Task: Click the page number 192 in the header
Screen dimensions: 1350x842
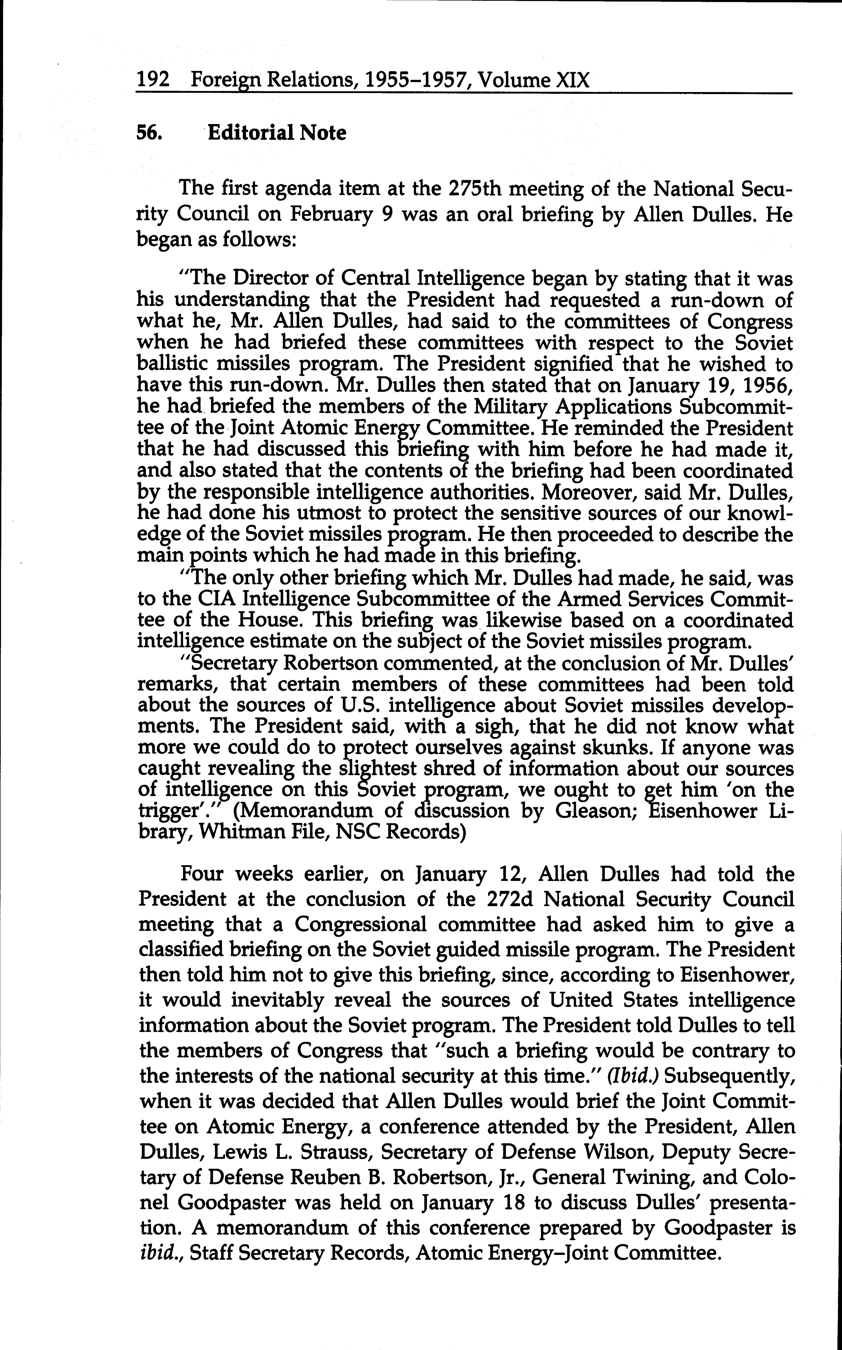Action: [x=153, y=81]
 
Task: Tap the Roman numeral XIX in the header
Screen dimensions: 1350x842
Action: [x=572, y=81]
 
